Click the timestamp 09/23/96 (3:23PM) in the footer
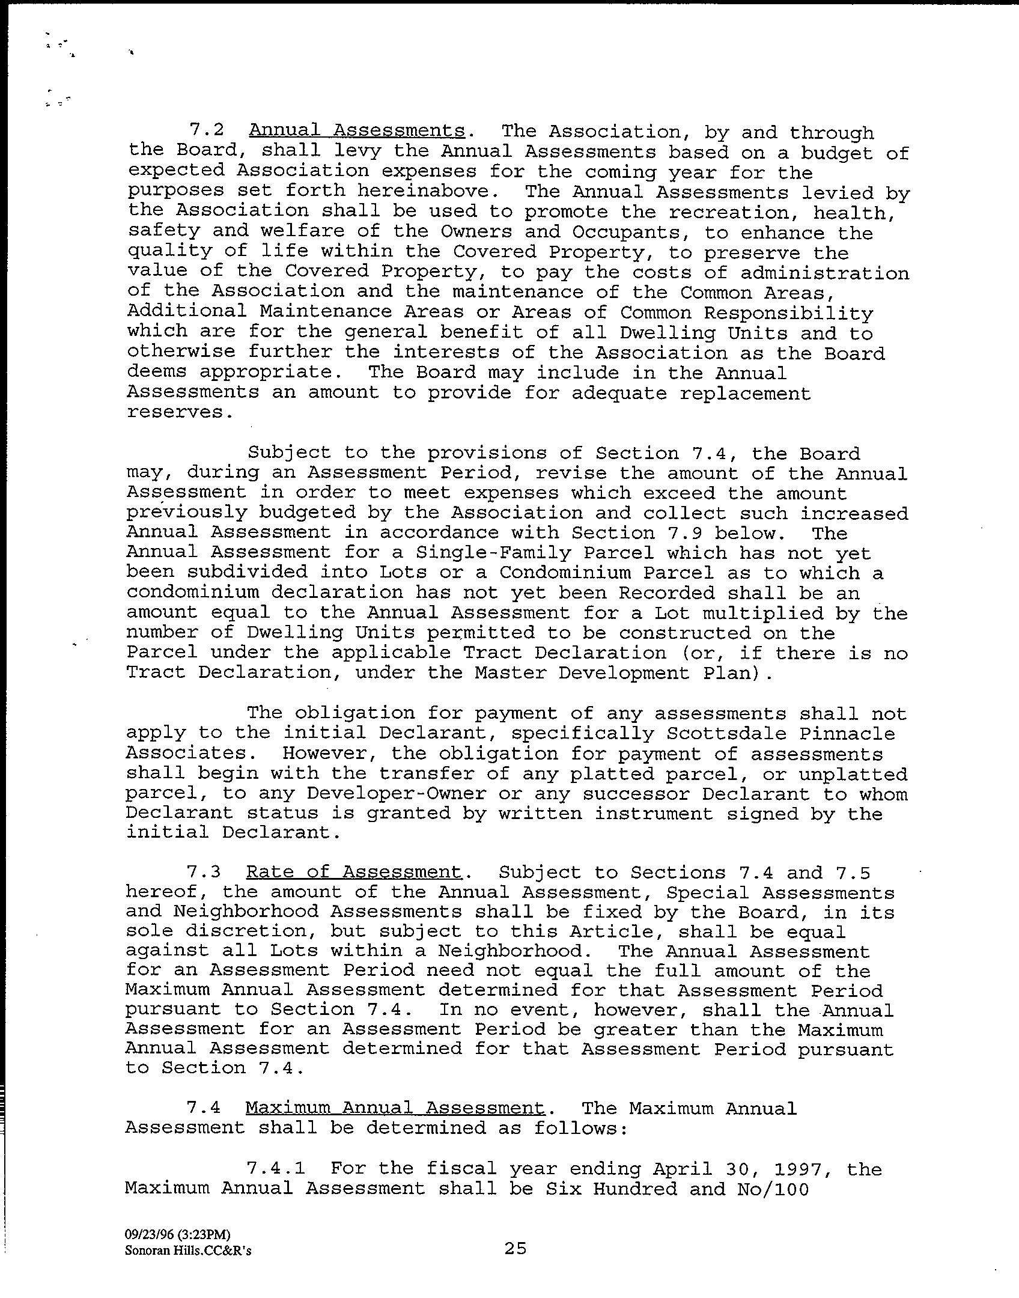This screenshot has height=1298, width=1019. pos(177,1235)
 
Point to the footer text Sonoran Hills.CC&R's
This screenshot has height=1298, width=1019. pos(188,1251)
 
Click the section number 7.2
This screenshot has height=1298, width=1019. pos(206,130)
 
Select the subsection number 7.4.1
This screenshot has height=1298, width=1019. pos(276,1169)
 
